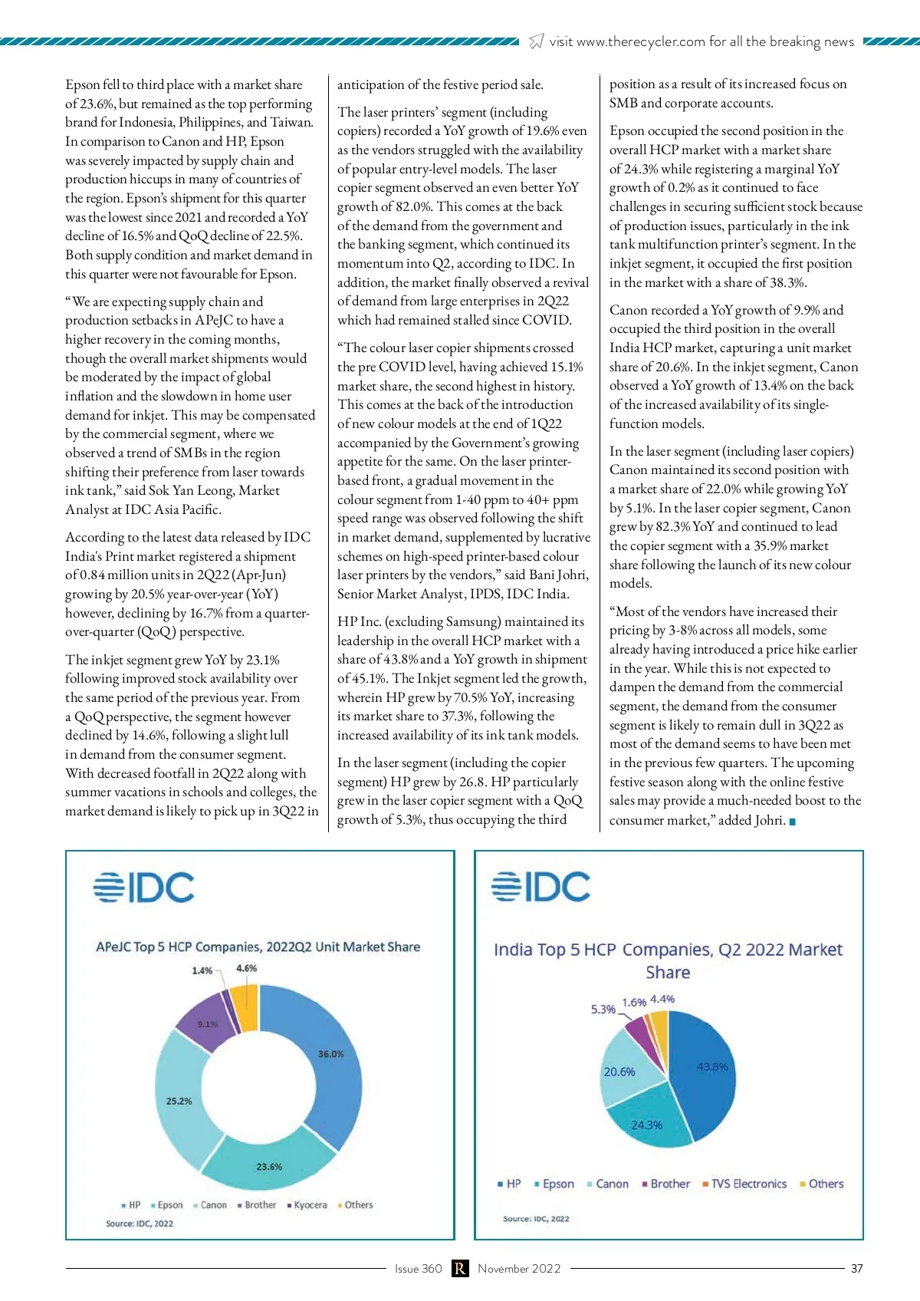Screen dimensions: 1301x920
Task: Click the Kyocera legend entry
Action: point(307,1205)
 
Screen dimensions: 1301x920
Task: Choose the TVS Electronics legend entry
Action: point(744,1184)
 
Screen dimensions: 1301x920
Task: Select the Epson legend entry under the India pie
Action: point(554,1184)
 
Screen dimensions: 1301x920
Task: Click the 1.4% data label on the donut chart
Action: point(202,970)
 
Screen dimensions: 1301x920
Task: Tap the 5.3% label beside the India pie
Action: point(603,1009)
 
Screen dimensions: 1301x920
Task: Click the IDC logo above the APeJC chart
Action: point(144,888)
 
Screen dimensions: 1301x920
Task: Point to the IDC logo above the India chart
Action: point(540,887)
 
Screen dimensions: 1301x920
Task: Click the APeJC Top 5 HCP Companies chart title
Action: point(258,947)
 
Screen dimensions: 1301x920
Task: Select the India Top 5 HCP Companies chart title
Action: point(668,960)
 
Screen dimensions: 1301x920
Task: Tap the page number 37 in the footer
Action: point(857,1269)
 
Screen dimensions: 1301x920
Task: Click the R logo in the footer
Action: point(460,1269)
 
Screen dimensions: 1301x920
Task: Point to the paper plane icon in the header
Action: point(537,41)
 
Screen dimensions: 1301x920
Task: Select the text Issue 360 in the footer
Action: point(418,1269)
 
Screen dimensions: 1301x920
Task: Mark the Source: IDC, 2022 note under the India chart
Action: point(536,1218)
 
